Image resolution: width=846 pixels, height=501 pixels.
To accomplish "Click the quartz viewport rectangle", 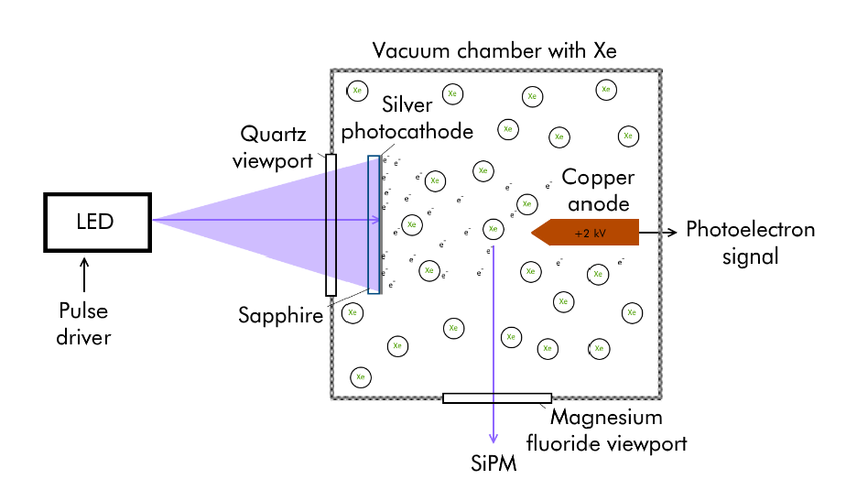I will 331,225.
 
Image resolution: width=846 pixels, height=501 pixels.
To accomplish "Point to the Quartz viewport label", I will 274,147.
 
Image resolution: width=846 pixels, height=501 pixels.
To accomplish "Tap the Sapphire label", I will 280,317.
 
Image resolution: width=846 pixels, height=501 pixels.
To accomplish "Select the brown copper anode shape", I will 586,233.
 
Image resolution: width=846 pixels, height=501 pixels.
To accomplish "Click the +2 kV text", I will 591,233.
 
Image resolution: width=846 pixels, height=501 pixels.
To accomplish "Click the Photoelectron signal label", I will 750,243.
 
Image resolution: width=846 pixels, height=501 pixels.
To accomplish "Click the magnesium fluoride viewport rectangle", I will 496,398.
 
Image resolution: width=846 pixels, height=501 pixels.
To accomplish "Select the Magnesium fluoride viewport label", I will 618,430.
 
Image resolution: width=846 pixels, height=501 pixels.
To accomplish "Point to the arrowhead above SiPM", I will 495,439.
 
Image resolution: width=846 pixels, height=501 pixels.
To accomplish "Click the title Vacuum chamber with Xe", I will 494,50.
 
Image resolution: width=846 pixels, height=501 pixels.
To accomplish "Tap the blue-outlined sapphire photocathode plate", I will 374,224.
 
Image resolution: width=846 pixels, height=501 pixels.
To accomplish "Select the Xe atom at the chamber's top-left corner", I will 357,91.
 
